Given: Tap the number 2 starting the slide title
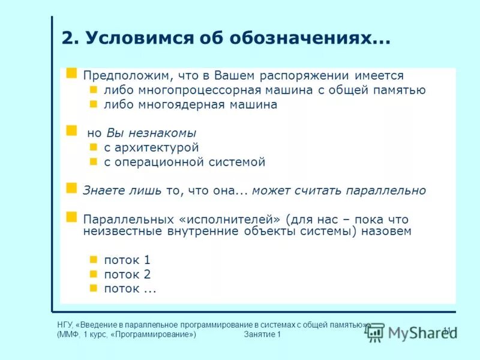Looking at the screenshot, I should point(68,39).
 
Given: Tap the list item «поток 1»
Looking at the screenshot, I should point(127,260).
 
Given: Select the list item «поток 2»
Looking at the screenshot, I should point(127,275).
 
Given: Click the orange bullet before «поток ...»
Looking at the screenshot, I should point(93,288).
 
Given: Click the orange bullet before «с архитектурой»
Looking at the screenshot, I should point(93,147).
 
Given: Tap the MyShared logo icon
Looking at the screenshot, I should point(375,332).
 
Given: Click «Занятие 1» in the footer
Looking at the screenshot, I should point(263,334).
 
